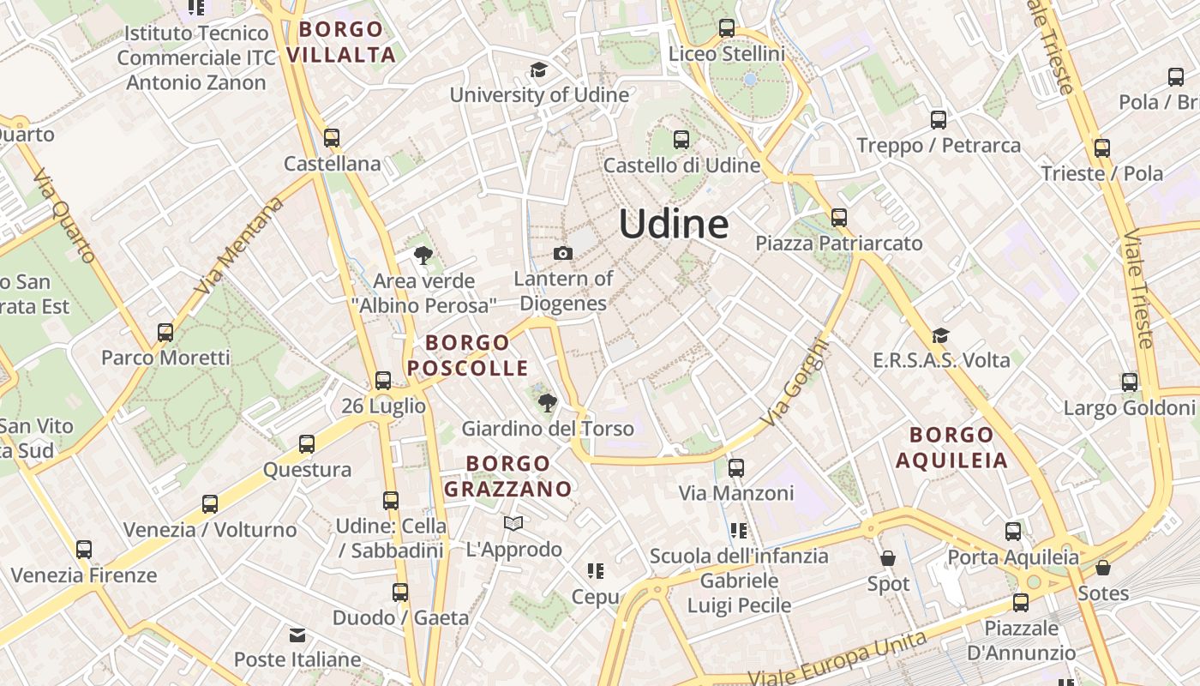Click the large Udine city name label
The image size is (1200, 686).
coord(674,225)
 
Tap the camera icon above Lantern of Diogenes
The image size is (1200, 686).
coord(563,253)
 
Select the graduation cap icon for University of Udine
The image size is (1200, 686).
coord(538,69)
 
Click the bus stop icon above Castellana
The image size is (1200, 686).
coord(332,137)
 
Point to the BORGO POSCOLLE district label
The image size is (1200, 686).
coord(468,355)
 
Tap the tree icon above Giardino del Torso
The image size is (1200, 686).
coord(546,402)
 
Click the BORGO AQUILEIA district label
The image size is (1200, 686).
coord(951,448)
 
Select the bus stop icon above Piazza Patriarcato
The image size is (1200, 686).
coord(838,217)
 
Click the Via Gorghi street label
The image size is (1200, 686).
coord(795,383)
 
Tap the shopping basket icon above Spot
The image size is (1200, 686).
coord(888,558)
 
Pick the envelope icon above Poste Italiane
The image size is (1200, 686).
coord(297,635)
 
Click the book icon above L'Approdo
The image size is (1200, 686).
coord(513,523)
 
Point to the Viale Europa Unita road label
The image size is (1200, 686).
coord(837,659)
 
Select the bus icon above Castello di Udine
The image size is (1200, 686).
coord(681,139)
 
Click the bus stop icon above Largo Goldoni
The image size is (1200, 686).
coord(1130,382)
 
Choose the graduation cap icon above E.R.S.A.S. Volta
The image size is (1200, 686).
coord(940,335)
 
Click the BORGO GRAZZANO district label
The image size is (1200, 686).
coord(507,476)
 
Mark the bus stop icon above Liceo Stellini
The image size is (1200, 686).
coord(727,27)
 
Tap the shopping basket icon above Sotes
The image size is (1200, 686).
coord(1103,568)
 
